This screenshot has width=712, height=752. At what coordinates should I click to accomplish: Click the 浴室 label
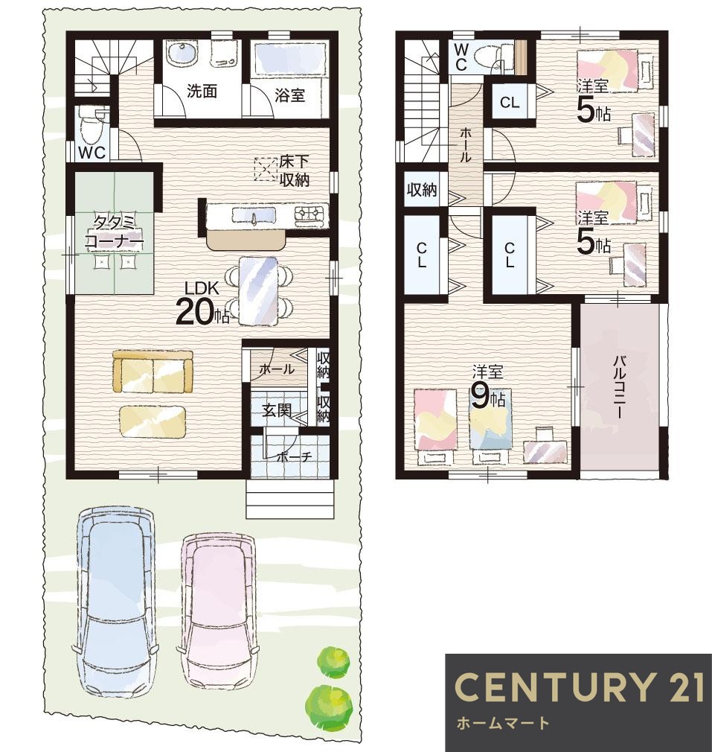coord(290,95)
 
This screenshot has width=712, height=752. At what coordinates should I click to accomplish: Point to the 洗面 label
coord(202,91)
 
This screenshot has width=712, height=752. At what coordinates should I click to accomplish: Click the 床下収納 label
coord(294,171)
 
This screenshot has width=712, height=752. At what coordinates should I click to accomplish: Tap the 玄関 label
coord(277,410)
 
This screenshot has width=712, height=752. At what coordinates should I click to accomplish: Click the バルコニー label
coord(620,388)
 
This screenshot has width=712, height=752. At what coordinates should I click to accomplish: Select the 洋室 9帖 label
coord(488,387)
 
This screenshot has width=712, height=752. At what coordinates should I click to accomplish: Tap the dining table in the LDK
coord(257,291)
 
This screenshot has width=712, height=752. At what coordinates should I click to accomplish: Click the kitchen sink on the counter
coord(254,216)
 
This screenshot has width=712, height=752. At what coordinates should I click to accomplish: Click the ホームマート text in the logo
coord(503,722)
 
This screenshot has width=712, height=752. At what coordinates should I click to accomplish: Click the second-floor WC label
coord(461,57)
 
